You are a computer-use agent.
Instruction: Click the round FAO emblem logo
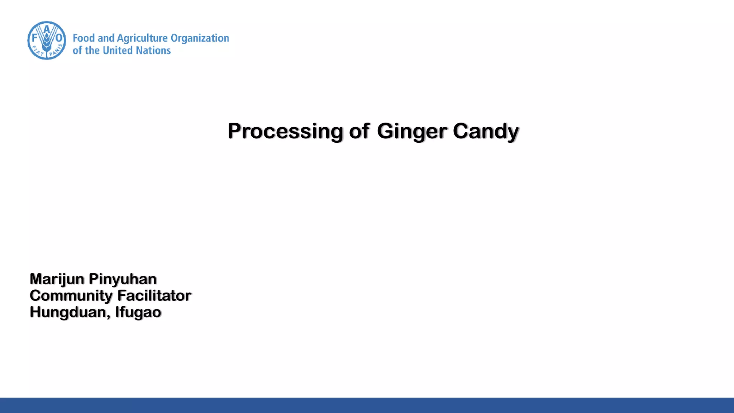coord(47,41)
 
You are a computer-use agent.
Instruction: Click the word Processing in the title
coord(285,131)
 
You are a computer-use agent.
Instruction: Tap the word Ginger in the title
coord(412,131)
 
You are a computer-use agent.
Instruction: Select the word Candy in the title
coord(486,131)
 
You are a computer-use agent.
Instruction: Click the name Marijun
coord(57,279)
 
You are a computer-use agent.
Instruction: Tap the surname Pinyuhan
coord(123,279)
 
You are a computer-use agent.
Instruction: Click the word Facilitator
coord(154,296)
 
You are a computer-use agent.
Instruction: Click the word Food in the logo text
coord(84,38)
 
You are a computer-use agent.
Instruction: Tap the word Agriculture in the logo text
coord(142,38)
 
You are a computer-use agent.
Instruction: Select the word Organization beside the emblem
coord(200,38)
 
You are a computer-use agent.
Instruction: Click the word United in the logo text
coord(117,51)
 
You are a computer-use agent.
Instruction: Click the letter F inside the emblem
coord(35,38)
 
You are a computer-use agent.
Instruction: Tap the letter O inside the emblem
coord(59,38)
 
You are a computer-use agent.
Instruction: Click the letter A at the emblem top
coord(47,28)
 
